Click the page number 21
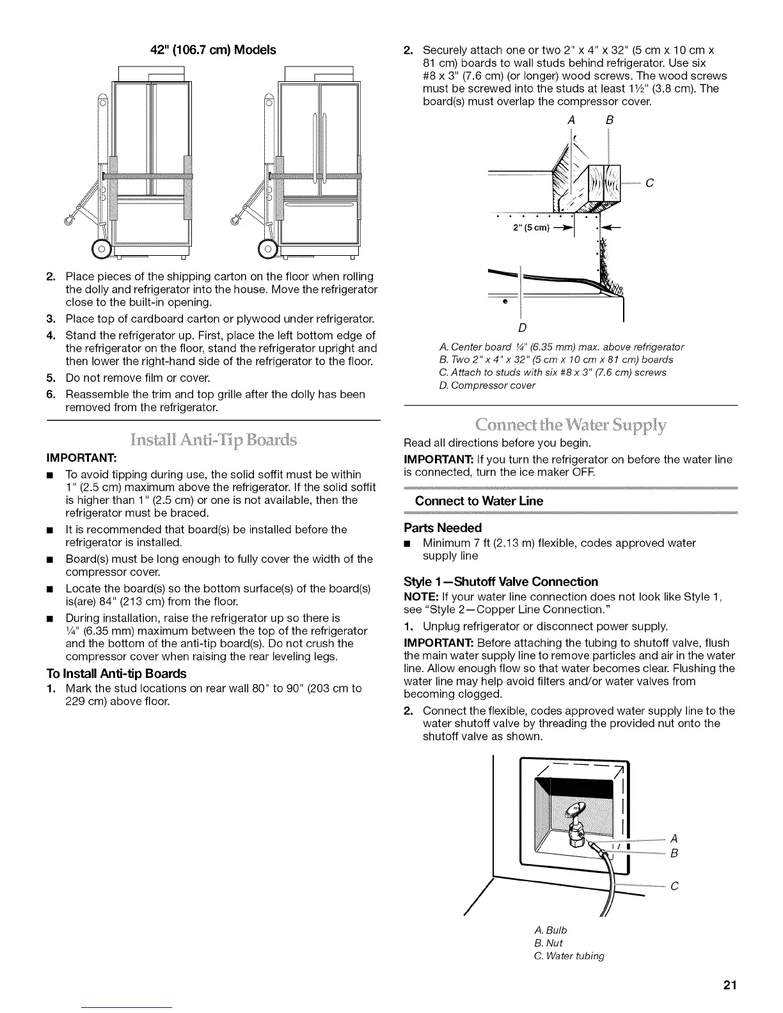[x=730, y=985]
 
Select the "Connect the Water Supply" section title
[x=571, y=424]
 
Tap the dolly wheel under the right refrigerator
[x=270, y=247]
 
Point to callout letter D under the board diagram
[x=521, y=329]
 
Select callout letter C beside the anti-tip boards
[x=649, y=184]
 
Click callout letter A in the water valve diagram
[x=674, y=838]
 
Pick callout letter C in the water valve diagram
[x=674, y=886]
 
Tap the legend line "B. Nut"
[x=548, y=943]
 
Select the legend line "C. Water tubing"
[x=569, y=955]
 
